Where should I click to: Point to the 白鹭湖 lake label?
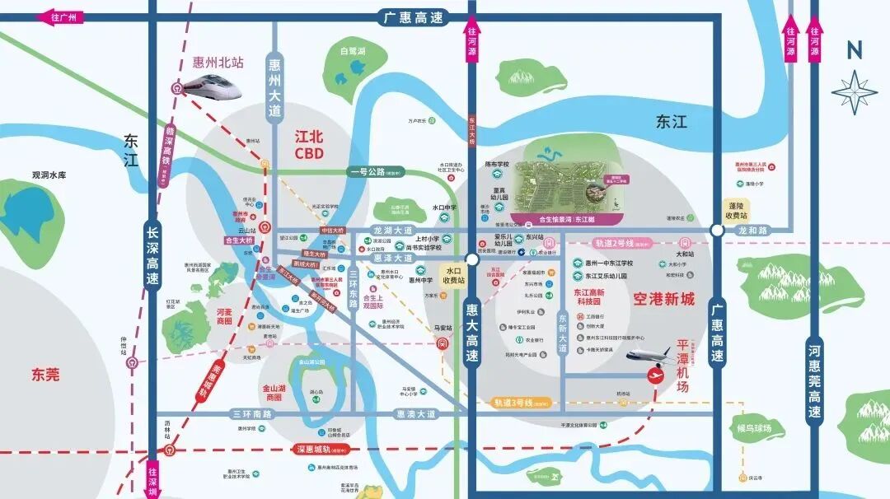point(353,51)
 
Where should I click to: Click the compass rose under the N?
point(855,91)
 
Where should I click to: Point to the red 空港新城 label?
point(664,299)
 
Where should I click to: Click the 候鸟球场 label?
point(754,427)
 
